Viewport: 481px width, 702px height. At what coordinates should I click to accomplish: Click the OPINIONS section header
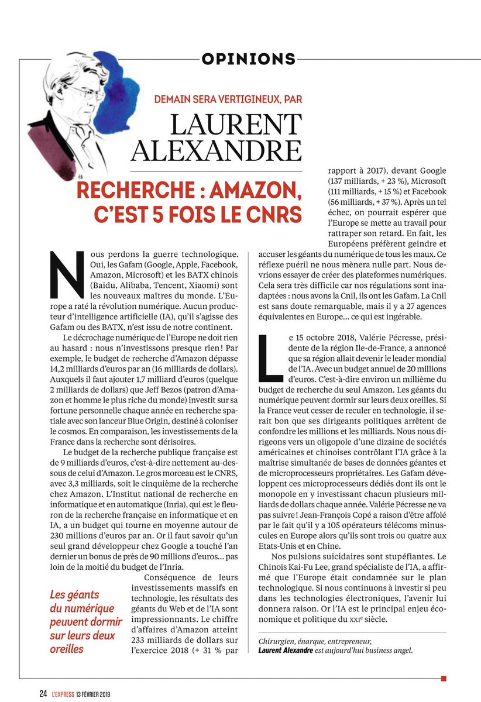click(248, 58)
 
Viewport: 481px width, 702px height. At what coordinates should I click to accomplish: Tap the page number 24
click(43, 694)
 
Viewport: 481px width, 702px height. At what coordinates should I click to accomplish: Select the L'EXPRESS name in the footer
click(62, 694)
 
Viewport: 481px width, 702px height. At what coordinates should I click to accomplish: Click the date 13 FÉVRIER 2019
click(94, 694)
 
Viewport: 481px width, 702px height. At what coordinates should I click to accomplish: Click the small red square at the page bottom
click(444, 679)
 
